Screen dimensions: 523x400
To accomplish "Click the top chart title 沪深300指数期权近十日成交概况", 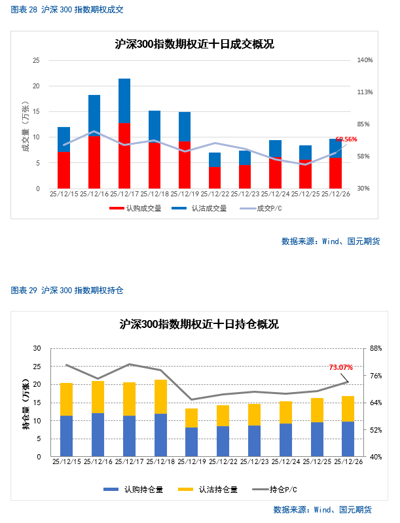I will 194,45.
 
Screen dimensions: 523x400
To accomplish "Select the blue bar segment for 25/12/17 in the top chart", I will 124,100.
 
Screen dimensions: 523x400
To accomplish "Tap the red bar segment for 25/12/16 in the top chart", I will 94,162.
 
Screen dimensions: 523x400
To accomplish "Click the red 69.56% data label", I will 346,139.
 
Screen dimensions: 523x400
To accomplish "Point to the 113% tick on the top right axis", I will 365,92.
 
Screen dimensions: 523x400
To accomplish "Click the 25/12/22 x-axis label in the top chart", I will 215,194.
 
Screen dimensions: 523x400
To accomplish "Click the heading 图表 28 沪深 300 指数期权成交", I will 67,10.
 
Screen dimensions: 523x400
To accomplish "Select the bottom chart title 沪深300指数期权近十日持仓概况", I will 199,324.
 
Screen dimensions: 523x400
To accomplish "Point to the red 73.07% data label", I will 340,367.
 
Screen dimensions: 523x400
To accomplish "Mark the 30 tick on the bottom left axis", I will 37,348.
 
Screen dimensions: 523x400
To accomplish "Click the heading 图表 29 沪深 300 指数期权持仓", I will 67,289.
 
